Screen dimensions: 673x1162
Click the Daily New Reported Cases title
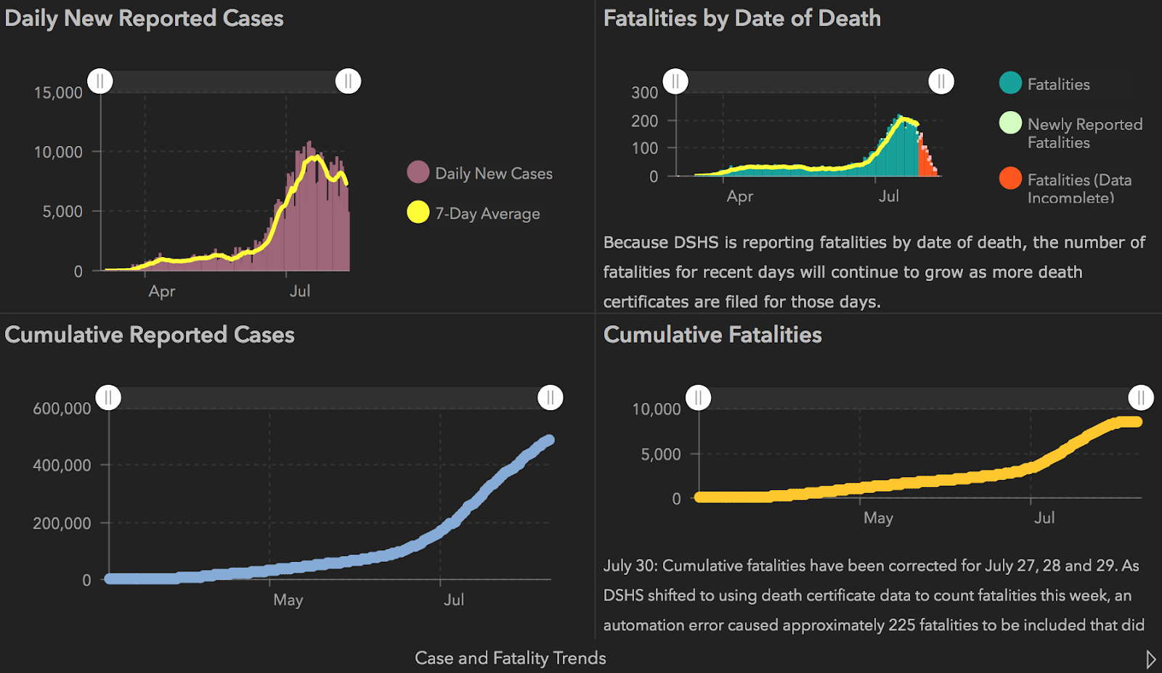click(144, 18)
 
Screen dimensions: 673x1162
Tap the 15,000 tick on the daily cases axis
click(58, 93)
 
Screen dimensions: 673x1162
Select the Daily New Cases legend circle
click(418, 173)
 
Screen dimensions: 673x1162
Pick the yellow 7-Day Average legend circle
click(418, 212)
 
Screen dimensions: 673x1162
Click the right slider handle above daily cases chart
click(348, 81)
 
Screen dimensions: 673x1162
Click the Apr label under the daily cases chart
click(161, 291)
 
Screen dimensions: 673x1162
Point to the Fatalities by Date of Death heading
click(742, 18)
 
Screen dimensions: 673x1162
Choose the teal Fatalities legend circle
click(1010, 83)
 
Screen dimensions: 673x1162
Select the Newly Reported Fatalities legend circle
click(1010, 123)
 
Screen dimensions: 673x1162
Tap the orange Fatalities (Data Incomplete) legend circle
click(1010, 179)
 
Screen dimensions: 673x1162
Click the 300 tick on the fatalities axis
click(644, 93)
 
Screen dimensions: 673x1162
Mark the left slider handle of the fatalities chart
click(675, 81)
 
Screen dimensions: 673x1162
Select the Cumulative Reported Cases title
click(150, 335)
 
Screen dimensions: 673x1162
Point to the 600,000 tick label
click(62, 409)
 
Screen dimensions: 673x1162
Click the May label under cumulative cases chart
click(288, 600)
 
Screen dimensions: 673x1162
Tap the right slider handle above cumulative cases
click(550, 398)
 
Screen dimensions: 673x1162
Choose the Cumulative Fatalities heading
click(712, 335)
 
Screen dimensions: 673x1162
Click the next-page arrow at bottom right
click(1150, 659)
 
